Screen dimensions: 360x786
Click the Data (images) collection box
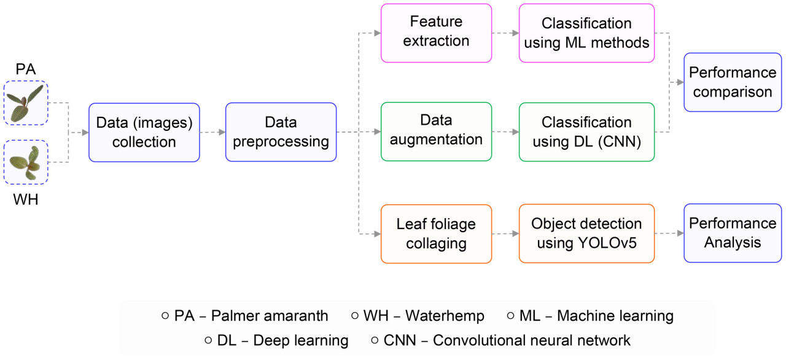tap(144, 132)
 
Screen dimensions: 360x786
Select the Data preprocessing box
tap(281, 132)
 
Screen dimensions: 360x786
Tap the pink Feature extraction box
tap(436, 33)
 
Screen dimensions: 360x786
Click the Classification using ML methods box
tap(586, 33)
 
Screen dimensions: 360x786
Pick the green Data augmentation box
tap(436, 131)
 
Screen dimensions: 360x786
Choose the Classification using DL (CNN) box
tap(586, 131)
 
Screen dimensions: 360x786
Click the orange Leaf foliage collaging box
tap(436, 233)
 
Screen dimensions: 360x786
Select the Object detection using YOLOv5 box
tap(586, 233)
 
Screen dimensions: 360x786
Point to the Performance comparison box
tap(733, 82)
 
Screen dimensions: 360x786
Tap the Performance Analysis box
tap(733, 232)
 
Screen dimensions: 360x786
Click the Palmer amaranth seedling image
tap(26, 103)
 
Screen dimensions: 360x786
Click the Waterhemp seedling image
tap(26, 162)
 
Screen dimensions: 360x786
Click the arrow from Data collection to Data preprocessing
tap(212, 132)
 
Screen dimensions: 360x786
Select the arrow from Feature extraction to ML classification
tap(505, 33)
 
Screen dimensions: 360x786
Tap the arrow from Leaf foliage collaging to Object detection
tap(505, 233)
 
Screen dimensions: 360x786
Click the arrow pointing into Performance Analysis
tap(669, 233)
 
